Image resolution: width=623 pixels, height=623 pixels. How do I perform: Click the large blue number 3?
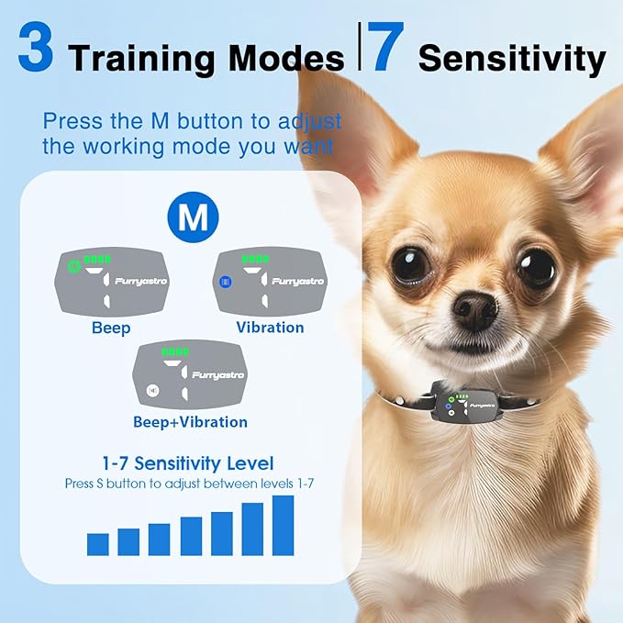(36, 47)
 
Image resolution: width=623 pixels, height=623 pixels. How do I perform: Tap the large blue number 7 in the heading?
(384, 47)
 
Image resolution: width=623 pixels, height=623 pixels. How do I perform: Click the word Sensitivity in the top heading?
(512, 60)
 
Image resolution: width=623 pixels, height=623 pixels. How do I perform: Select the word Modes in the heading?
(286, 59)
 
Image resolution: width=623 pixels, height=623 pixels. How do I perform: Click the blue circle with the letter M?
(193, 217)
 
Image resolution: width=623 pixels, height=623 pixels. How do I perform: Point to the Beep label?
(111, 328)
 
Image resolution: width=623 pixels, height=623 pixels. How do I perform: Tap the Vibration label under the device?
(270, 328)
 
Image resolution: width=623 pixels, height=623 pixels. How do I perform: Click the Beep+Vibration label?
(190, 422)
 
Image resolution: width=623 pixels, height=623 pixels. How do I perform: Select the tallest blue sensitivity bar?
(283, 525)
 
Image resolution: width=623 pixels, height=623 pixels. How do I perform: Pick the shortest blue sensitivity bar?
(98, 544)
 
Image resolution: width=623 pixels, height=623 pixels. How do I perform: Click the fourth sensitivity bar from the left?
(191, 536)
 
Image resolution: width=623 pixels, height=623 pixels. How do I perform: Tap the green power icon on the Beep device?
(73, 266)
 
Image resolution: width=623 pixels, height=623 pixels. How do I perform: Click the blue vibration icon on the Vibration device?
(226, 282)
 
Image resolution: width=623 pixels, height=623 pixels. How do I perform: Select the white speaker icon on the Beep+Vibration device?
(152, 391)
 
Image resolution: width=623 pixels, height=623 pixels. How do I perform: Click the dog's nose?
(475, 311)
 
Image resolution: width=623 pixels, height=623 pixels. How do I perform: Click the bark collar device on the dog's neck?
(468, 406)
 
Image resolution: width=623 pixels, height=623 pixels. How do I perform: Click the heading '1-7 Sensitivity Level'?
(188, 463)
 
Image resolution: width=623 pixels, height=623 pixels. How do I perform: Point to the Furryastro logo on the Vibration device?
(298, 282)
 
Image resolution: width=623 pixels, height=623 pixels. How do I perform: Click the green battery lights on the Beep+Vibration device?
(175, 351)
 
